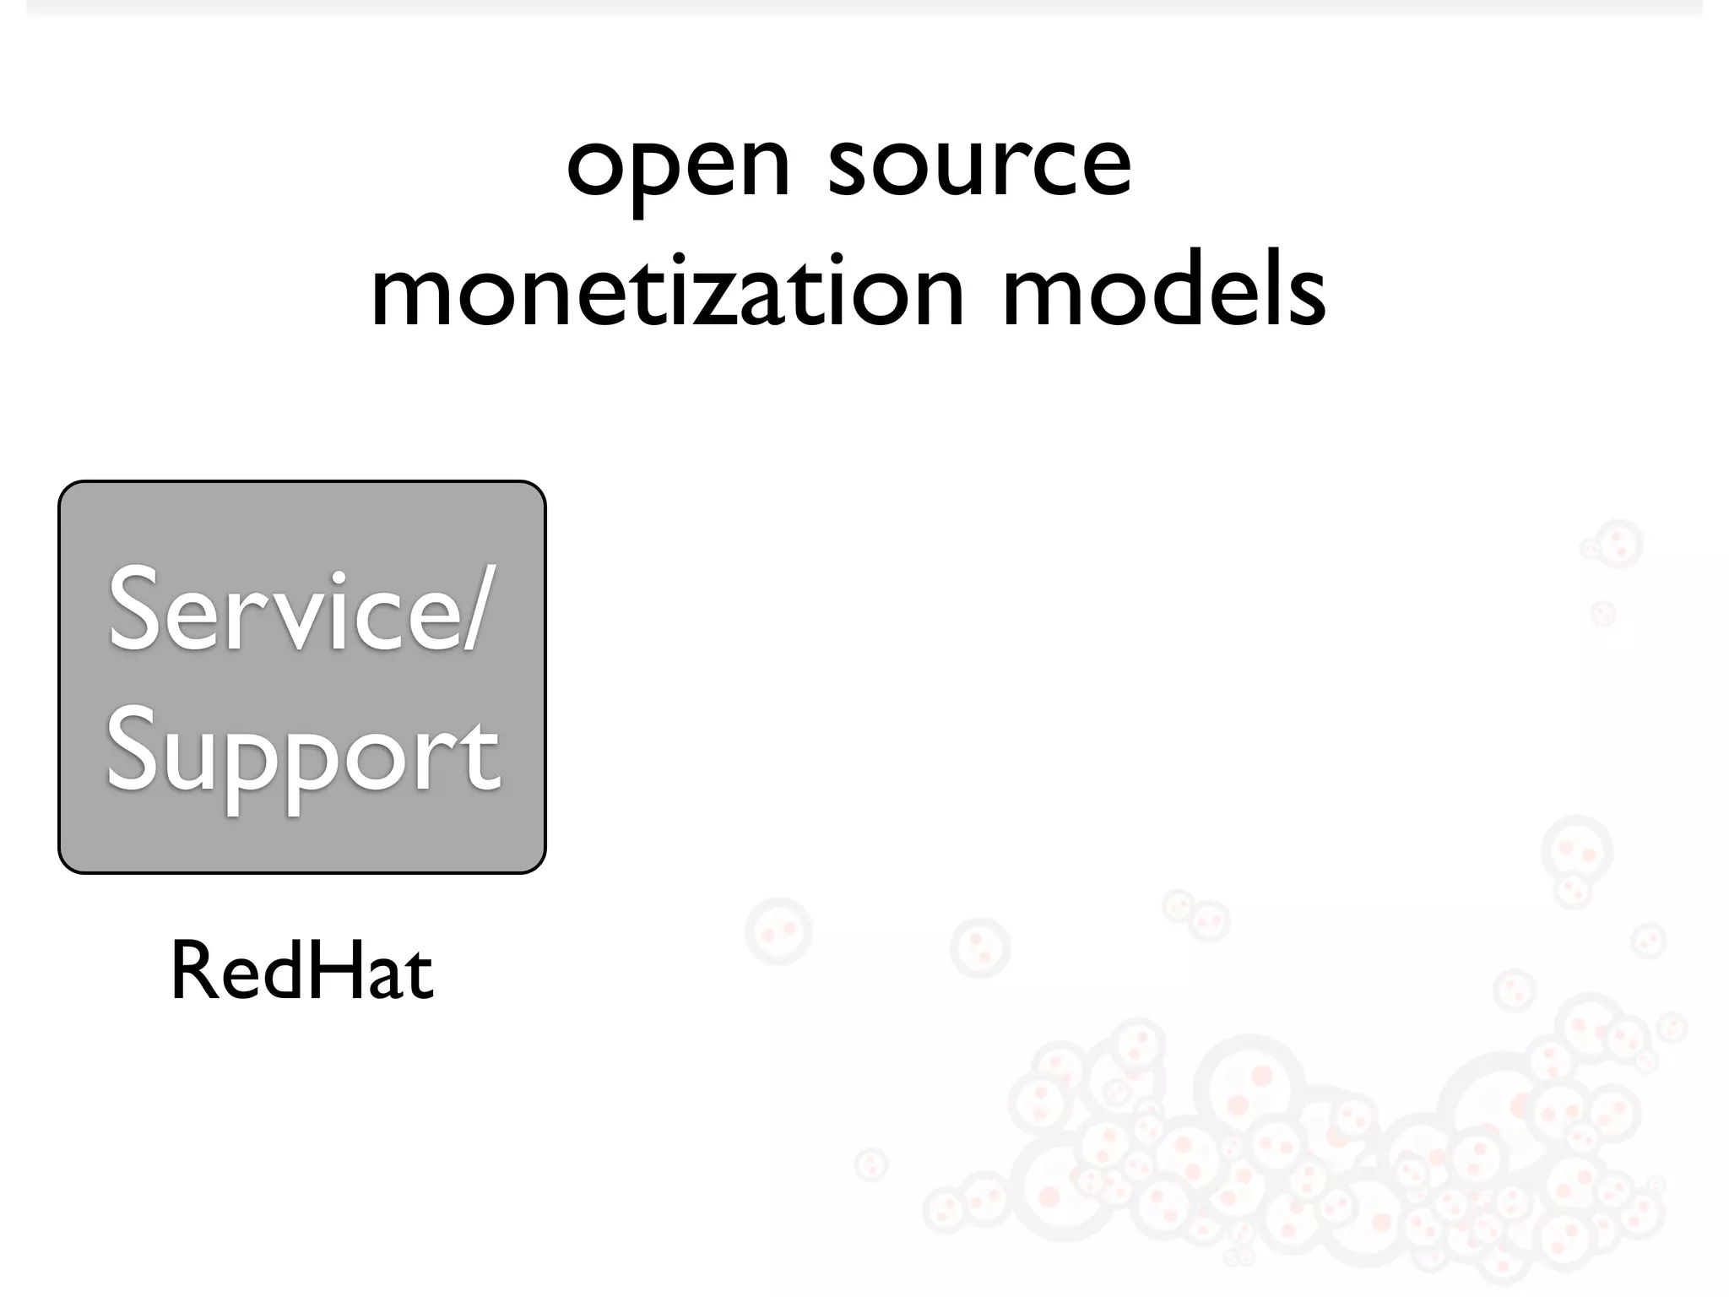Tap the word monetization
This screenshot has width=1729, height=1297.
[667, 292]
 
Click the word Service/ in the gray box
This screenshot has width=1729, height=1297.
[300, 610]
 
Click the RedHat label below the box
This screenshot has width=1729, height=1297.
[301, 973]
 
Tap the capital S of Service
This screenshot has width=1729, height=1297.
[136, 610]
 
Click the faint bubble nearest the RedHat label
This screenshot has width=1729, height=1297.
[778, 931]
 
